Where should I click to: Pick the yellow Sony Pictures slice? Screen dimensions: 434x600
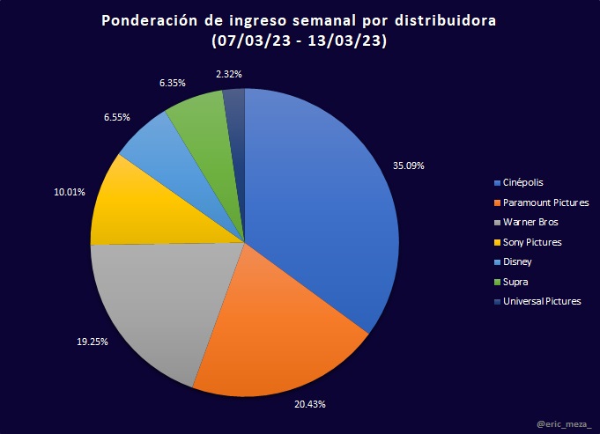[141, 207]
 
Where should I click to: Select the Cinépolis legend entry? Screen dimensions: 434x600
[523, 183]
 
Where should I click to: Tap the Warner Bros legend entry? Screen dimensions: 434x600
[530, 222]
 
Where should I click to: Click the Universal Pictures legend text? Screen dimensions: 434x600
[542, 301]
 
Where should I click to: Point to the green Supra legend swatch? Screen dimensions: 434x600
[498, 282]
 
